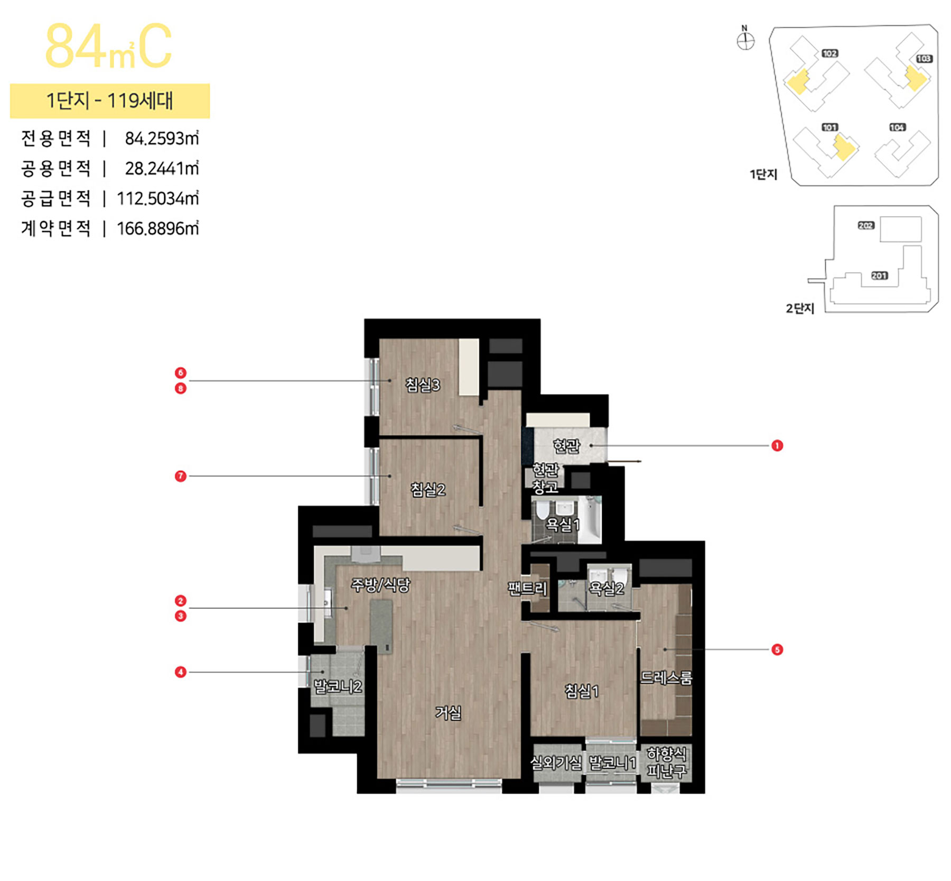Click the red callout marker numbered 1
[777, 446]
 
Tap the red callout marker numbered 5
[777, 649]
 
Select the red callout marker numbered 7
[181, 476]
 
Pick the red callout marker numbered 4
[181, 672]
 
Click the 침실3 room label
[423, 384]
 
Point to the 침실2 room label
[428, 489]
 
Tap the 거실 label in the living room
[448, 712]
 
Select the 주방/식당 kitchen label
[380, 584]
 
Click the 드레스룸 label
[666, 677]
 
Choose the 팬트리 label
[527, 589]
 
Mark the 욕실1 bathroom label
[563, 525]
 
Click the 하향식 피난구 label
[667, 763]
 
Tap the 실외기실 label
[556, 763]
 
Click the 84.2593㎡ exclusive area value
[162, 139]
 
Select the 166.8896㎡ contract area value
[157, 228]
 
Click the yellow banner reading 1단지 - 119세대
[110, 100]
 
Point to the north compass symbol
[745, 40]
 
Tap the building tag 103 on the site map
[924, 59]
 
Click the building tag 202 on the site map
[866, 225]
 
